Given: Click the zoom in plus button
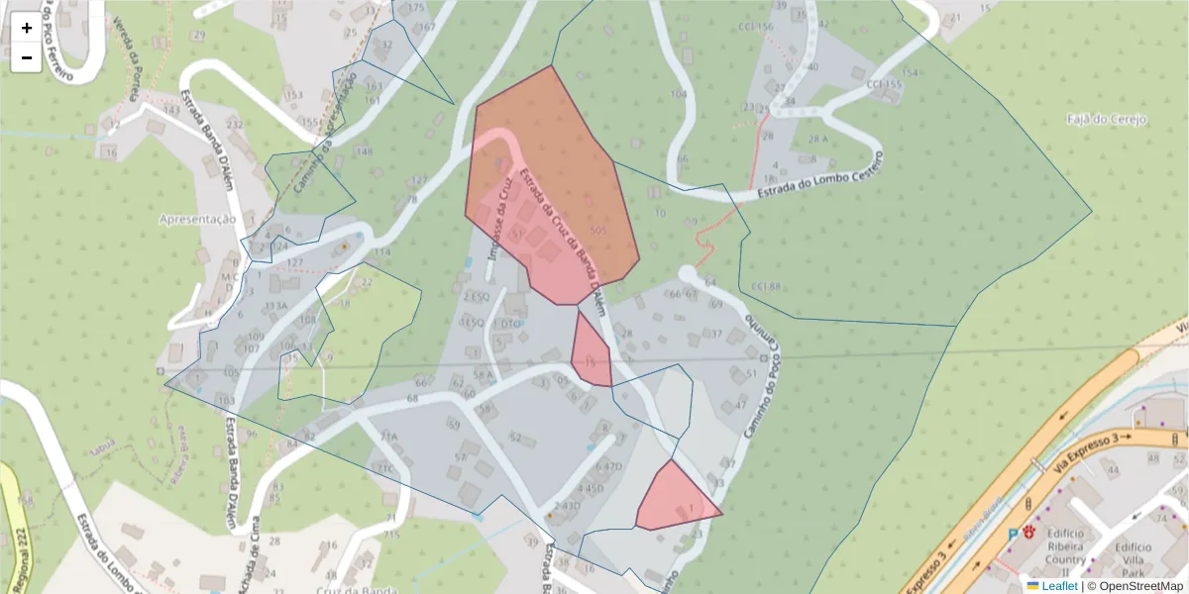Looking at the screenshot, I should click(27, 29).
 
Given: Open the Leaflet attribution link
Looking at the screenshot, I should click(1059, 586).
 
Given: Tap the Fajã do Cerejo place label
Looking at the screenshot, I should click(1107, 120).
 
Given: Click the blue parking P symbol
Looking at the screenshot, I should click(1012, 535).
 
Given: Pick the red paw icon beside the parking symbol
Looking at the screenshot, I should click(1029, 532).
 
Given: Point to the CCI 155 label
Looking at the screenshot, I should click(884, 85).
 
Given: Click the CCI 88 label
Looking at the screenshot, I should click(766, 287).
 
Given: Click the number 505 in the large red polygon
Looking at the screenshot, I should click(597, 231).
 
